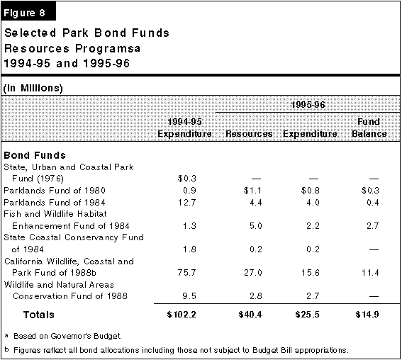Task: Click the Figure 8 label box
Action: tap(28, 11)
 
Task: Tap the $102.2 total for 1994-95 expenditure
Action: tap(182, 315)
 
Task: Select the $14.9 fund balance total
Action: tap(367, 315)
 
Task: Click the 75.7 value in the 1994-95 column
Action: tap(186, 272)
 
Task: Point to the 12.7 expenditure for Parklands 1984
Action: tap(187, 203)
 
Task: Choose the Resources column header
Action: tap(249, 134)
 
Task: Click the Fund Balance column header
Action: tap(369, 128)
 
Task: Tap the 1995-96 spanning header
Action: tap(308, 105)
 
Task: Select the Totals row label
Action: tap(39, 315)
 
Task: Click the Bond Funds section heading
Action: tap(35, 155)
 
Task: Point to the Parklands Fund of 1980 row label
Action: tap(55, 191)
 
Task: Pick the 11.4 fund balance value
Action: tap(370, 272)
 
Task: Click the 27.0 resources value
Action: tap(253, 272)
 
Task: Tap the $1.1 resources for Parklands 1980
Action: tap(252, 191)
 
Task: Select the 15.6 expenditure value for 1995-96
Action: tap(311, 272)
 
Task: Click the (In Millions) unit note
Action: tap(33, 88)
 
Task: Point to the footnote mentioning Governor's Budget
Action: tap(64, 336)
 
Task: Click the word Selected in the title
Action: tap(30, 33)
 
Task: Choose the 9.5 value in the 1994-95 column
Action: tap(189, 296)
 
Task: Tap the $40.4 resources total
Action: tap(250, 315)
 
